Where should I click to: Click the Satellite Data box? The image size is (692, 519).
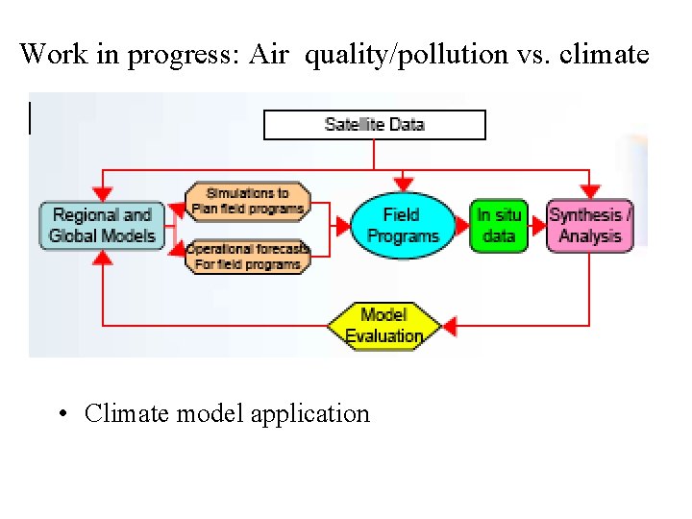tap(375, 125)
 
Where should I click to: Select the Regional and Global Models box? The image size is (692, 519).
tap(101, 226)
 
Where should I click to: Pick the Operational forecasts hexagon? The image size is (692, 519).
tap(248, 256)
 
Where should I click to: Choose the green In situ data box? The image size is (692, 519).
tap(499, 226)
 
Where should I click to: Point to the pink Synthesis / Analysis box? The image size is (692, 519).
tap(589, 226)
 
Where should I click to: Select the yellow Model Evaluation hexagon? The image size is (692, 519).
tap(383, 326)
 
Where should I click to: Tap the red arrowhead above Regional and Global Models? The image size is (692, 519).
tap(102, 192)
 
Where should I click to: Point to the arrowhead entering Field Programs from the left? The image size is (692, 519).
tap(341, 227)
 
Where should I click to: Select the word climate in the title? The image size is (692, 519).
tap(605, 54)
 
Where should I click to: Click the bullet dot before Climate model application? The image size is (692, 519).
tap(61, 414)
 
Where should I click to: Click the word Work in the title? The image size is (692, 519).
tap(45, 54)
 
